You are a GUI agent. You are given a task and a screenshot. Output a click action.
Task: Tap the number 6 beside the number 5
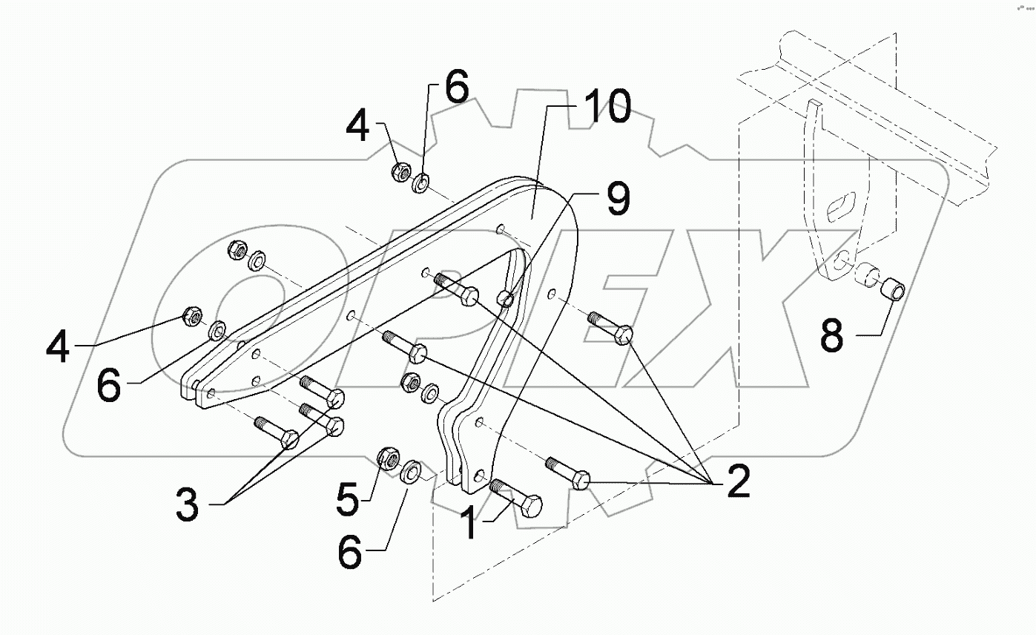tap(351, 552)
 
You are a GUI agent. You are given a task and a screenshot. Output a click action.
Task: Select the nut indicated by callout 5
tap(388, 458)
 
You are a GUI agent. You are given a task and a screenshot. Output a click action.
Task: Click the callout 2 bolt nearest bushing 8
tap(612, 328)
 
